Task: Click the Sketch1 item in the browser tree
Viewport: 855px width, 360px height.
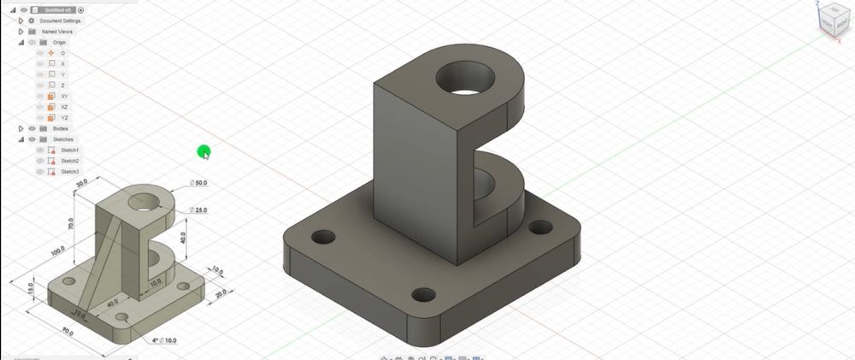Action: (x=69, y=150)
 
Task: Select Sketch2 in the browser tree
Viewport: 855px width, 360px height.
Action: (x=69, y=161)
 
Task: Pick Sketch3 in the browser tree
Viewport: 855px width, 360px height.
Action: (x=69, y=172)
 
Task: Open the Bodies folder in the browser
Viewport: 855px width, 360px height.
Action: (x=60, y=128)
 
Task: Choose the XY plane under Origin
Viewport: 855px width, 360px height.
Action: (x=65, y=96)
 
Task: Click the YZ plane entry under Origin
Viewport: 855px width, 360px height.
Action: (x=65, y=118)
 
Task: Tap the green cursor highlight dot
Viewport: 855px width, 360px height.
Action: (x=203, y=152)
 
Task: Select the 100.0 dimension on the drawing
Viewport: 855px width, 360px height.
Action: (x=56, y=250)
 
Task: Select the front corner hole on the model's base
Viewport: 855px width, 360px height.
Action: (x=424, y=296)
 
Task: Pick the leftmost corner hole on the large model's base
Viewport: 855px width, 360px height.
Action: (x=323, y=236)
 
